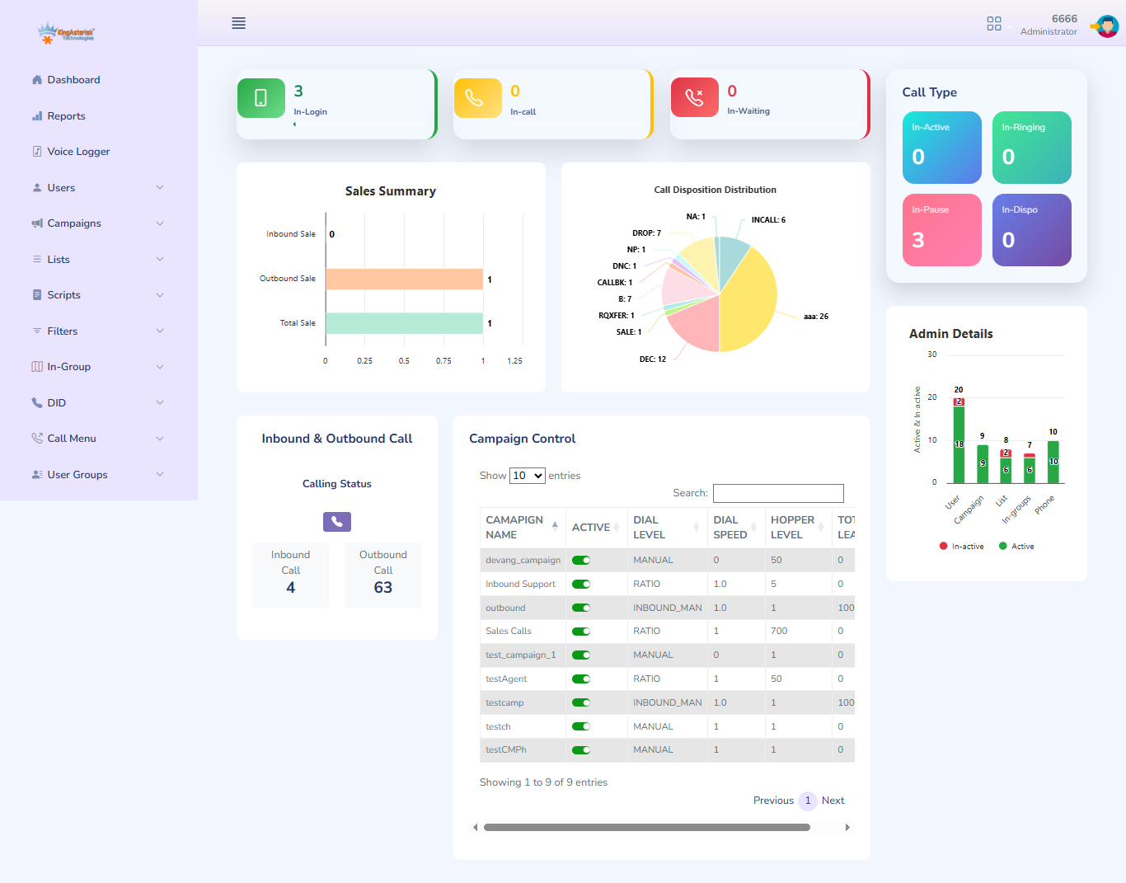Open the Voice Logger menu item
coord(77,152)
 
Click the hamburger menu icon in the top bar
coord(238,23)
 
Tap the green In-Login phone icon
coord(260,98)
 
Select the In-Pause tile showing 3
coord(941,230)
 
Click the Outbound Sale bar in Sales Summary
coord(404,279)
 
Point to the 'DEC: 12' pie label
coord(652,359)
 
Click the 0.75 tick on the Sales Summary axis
coord(443,361)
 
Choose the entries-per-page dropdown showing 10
coord(527,476)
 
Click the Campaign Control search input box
coord(777,493)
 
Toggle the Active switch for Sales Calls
coord(581,632)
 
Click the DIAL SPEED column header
coord(730,528)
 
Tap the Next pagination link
coord(833,801)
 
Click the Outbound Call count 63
coord(382,588)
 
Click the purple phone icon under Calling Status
coord(336,522)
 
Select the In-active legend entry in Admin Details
coord(961,547)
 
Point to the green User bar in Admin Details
coord(959,445)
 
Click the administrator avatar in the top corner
coord(1106,26)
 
